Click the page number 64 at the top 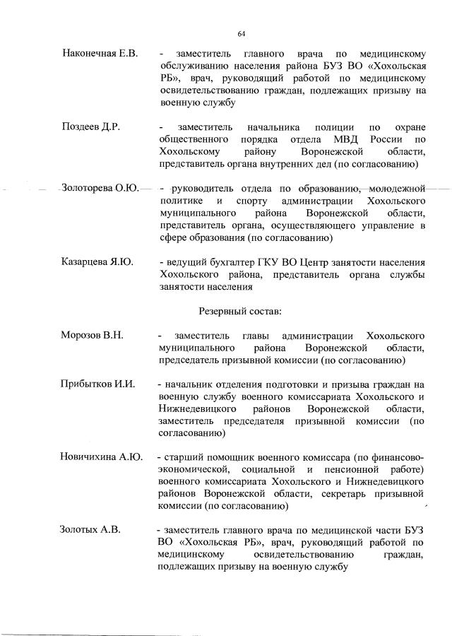[241, 33]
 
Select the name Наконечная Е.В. [100, 53]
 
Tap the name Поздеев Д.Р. [91, 126]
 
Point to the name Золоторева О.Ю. [100, 188]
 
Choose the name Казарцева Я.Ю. [97, 262]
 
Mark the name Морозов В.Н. [93, 335]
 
